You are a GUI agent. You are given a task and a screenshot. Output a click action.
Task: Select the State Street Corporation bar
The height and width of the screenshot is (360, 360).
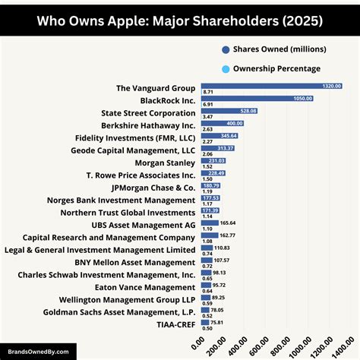pos(229,112)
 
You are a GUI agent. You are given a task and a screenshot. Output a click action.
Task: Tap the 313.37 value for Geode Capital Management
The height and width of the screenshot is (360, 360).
pos(226,148)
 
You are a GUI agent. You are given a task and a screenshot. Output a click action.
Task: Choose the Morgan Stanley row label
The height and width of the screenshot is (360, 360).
pos(165,163)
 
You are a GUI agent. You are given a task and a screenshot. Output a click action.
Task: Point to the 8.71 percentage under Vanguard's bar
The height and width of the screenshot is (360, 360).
pos(207,91)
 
